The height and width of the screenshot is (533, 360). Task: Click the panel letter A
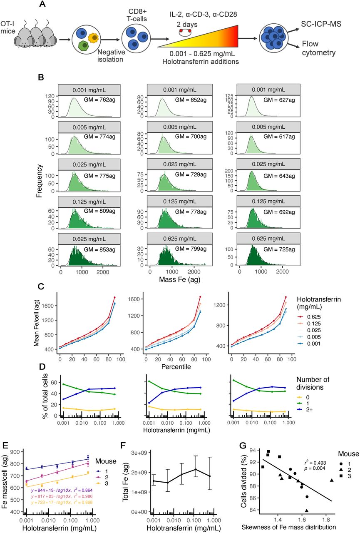tap(42, 5)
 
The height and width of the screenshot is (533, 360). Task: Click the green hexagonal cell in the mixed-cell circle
tap(83, 46)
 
